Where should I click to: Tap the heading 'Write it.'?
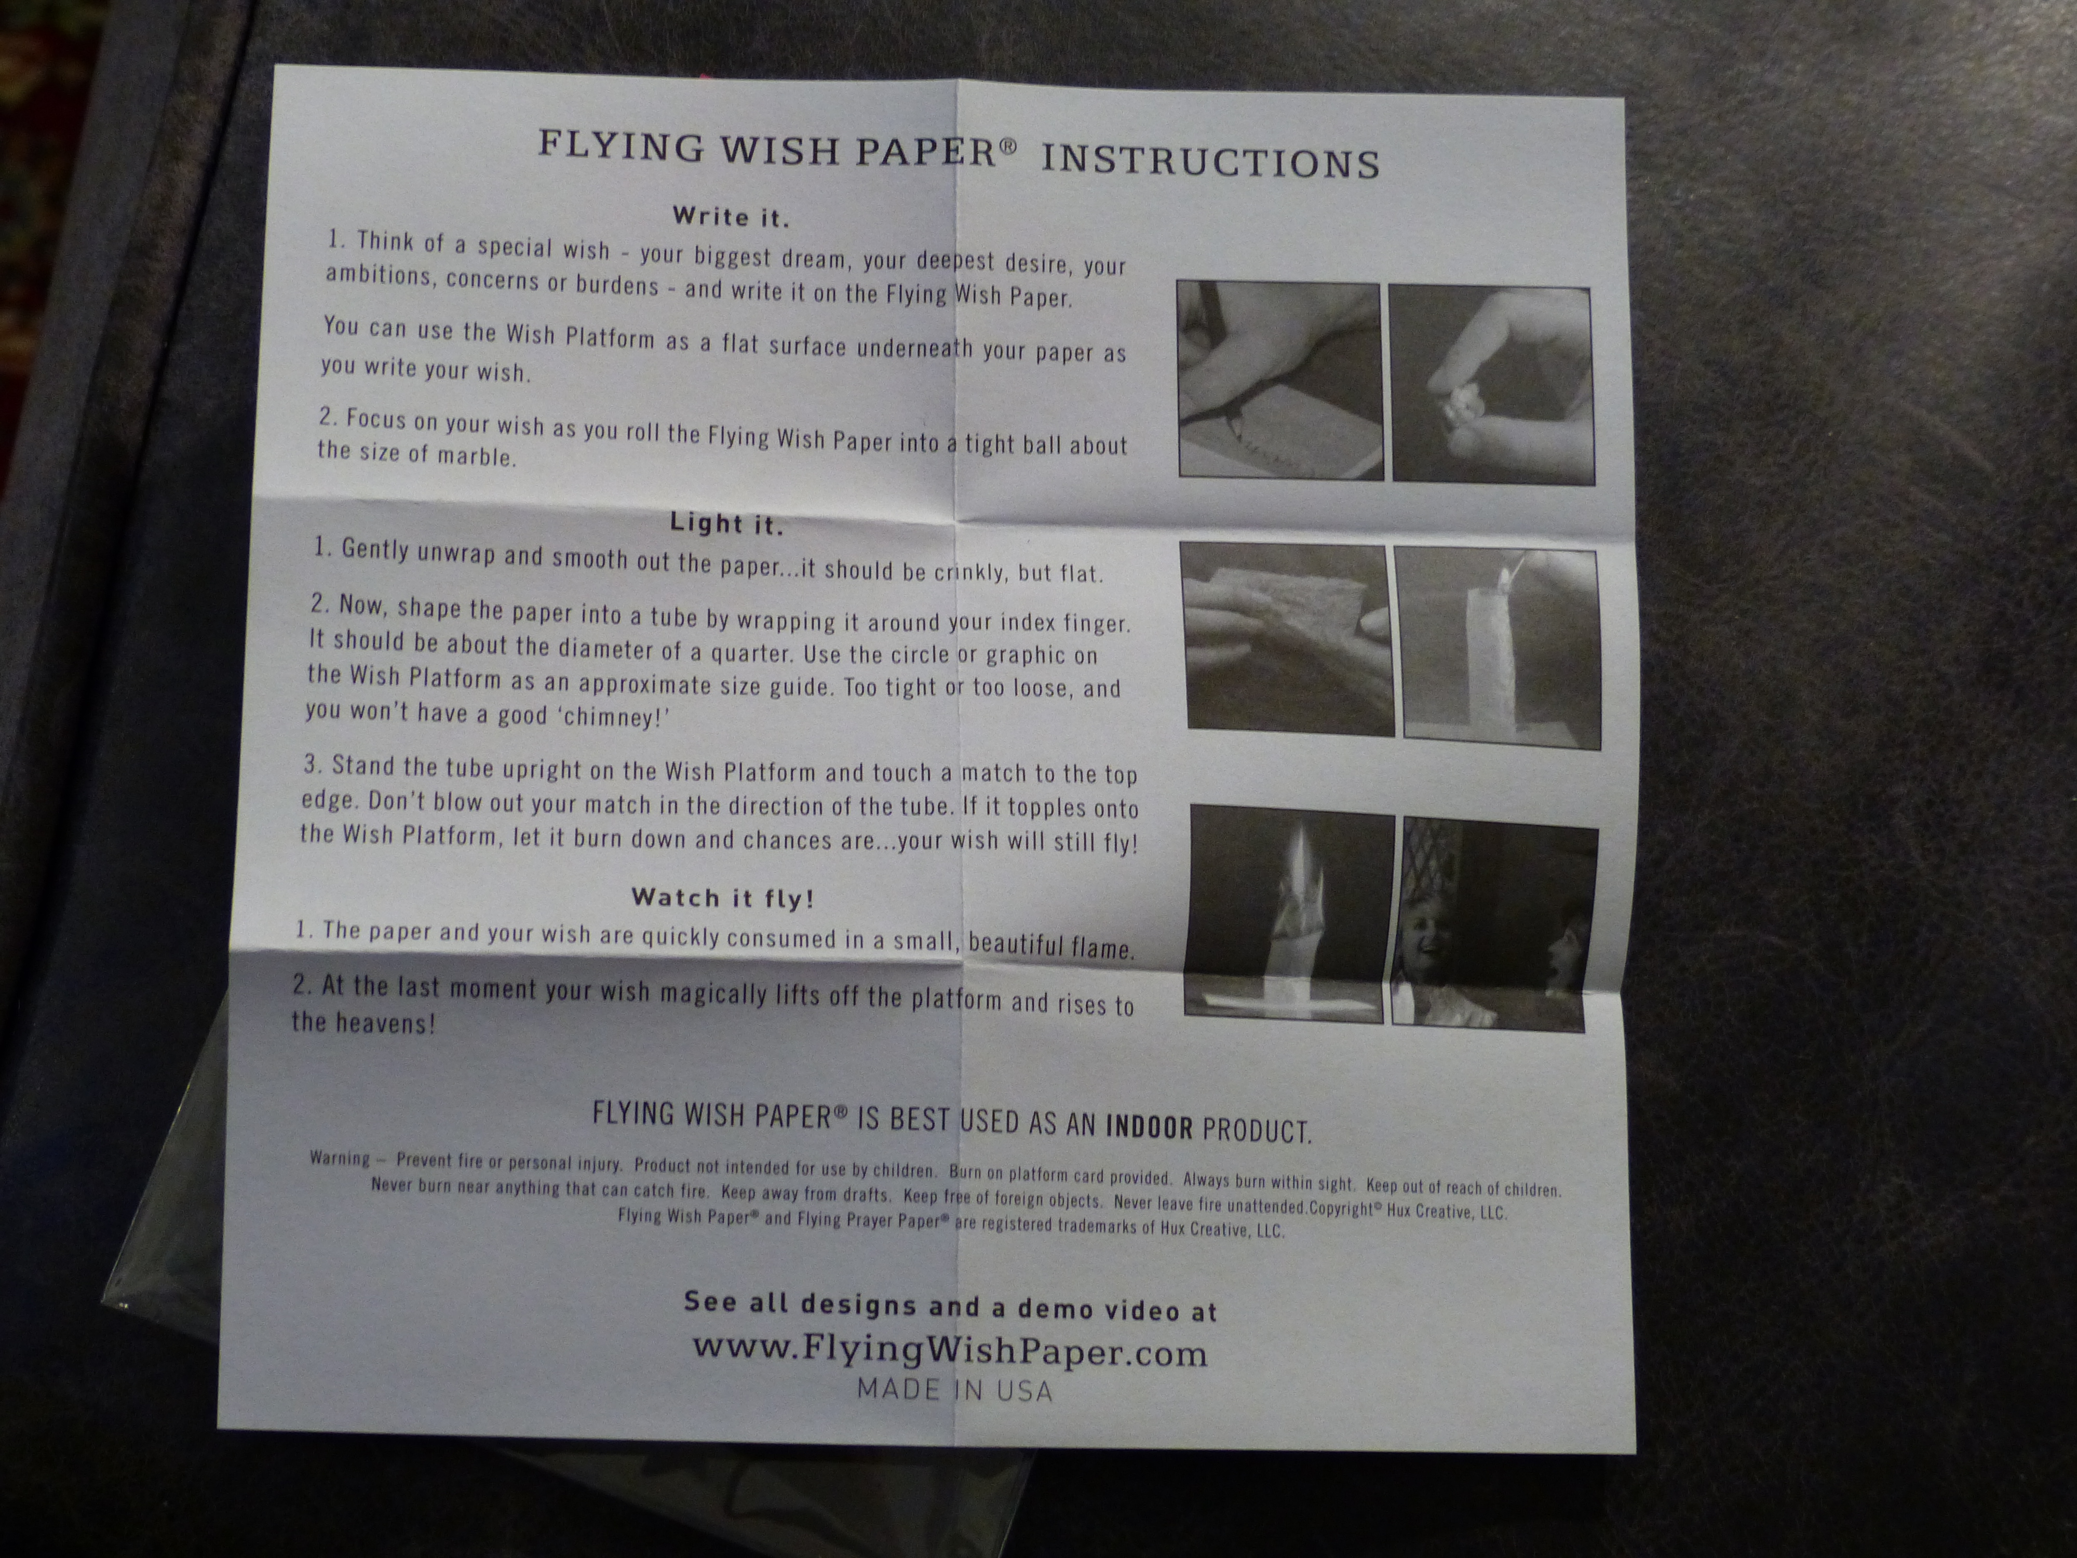tap(731, 217)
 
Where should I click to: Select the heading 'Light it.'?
tap(726, 523)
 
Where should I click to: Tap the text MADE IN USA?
tap(954, 1390)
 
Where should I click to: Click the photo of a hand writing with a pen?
tap(1279, 380)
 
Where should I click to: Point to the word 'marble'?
tap(482, 458)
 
